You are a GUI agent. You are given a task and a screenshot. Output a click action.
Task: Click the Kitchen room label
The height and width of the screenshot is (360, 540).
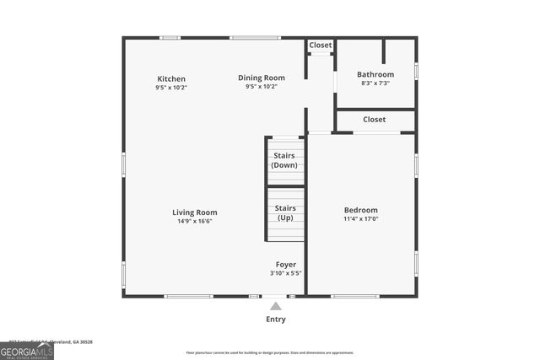[x=171, y=78]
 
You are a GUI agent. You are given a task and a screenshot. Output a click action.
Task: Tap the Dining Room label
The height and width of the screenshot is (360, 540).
[x=261, y=78]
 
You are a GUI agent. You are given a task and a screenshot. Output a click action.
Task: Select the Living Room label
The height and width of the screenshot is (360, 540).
[x=195, y=212]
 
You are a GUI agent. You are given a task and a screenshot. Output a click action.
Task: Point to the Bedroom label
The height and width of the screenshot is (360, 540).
[x=360, y=210]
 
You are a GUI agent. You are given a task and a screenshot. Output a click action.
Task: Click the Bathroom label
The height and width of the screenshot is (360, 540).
[x=375, y=74]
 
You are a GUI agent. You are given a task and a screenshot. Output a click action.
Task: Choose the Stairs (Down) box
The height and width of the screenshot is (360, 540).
[x=285, y=160]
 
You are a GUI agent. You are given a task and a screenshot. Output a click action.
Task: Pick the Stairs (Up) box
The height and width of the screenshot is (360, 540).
[x=285, y=212]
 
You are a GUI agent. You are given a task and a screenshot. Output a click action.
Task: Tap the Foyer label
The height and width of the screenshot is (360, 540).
[x=286, y=265]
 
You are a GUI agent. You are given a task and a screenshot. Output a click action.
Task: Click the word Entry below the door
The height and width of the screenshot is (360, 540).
[x=276, y=320]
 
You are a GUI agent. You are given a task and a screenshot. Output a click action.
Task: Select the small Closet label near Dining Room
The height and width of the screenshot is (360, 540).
[x=321, y=45]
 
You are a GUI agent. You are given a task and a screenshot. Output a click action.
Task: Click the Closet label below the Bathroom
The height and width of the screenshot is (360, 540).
[x=375, y=120]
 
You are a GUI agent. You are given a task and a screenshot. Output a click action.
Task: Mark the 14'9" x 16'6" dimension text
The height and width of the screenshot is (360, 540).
[x=195, y=222]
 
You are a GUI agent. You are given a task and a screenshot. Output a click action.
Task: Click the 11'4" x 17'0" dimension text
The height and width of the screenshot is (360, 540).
[x=360, y=219]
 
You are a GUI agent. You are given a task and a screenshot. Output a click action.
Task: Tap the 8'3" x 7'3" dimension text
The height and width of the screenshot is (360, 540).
[x=375, y=83]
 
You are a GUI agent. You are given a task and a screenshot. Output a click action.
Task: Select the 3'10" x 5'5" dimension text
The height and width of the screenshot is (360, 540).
[x=286, y=273]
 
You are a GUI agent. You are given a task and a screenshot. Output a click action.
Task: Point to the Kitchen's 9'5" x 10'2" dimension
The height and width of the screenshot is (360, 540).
[x=171, y=87]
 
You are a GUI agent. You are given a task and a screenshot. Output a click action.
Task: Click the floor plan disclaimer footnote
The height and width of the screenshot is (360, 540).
[x=270, y=352]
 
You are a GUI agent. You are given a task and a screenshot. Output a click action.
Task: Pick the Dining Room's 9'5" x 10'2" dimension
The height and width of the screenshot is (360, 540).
[x=261, y=87]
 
